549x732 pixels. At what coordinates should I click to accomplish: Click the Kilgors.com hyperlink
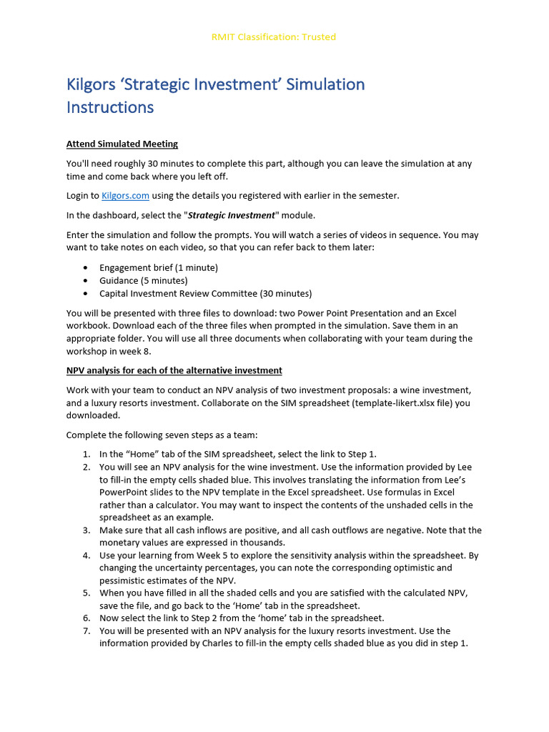125,196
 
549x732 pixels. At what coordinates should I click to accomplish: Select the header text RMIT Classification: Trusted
274,36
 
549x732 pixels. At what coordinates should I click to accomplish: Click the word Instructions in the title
110,107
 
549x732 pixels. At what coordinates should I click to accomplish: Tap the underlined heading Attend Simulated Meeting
122,144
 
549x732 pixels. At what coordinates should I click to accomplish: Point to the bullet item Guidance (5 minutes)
144,280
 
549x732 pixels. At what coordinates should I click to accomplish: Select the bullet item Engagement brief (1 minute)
159,267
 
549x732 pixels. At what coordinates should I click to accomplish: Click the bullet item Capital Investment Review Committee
205,293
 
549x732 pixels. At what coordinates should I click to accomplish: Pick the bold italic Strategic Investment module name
231,215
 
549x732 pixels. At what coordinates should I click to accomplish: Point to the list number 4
86,555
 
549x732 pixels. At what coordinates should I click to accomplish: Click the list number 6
86,618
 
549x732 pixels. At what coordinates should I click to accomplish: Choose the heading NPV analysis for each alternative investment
174,370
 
